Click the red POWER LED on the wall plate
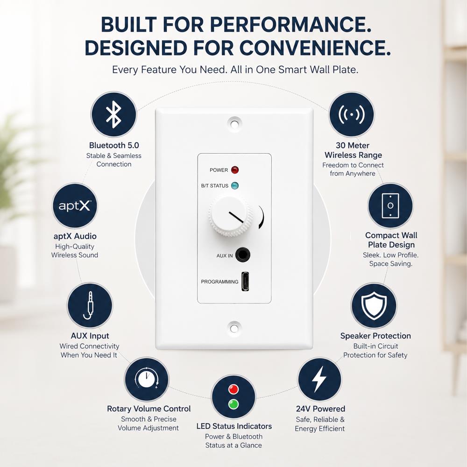[x=235, y=170]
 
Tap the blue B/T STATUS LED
[x=235, y=185]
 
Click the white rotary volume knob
[x=230, y=216]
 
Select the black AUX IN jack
[x=243, y=255]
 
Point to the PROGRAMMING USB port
[x=245, y=282]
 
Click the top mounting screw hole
[x=234, y=124]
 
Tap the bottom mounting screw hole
[x=234, y=328]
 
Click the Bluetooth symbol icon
[x=114, y=115]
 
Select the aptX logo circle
[x=75, y=206]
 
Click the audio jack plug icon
[x=89, y=305]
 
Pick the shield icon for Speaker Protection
[x=374, y=305]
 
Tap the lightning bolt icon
[x=319, y=379]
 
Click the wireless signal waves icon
[x=352, y=114]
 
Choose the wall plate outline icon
[x=390, y=206]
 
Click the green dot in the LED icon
[x=233, y=404]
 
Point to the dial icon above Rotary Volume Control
[x=147, y=379]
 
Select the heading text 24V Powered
[x=320, y=409]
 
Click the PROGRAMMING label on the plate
[x=219, y=282]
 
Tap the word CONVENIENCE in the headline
[x=315, y=48]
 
